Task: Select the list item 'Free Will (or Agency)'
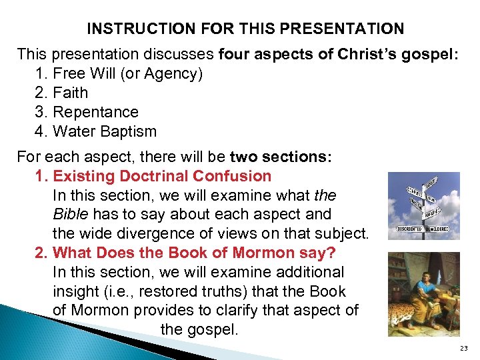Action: point(127,73)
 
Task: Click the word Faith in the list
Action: point(70,93)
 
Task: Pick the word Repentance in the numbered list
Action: point(95,112)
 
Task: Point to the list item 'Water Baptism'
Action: point(104,131)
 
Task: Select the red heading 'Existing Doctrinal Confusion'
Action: point(162,177)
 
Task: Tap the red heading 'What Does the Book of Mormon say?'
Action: point(194,253)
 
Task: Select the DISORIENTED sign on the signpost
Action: point(409,229)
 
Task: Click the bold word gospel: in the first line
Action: point(434,54)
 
